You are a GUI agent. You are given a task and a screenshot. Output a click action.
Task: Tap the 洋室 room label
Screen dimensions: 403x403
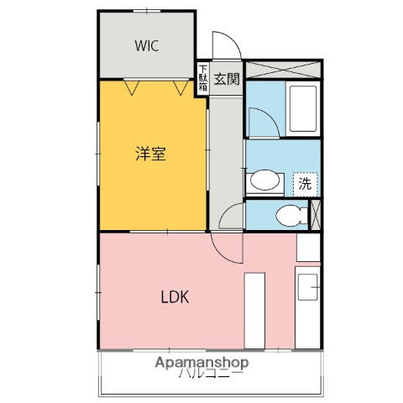(x=151, y=154)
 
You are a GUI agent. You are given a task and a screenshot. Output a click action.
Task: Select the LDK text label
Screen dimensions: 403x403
(x=175, y=296)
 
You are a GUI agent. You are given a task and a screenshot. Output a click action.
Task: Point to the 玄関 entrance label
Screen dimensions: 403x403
(x=226, y=80)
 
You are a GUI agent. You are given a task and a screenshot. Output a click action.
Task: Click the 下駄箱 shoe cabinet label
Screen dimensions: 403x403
(x=202, y=80)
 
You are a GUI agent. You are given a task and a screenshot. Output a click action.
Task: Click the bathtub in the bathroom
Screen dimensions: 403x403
(x=301, y=109)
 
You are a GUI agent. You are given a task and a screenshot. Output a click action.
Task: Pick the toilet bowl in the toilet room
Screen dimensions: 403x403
(x=289, y=215)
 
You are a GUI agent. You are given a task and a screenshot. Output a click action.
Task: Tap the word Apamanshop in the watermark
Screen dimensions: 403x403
(x=201, y=363)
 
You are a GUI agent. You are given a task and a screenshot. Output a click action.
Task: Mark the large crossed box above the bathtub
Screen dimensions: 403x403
(x=283, y=70)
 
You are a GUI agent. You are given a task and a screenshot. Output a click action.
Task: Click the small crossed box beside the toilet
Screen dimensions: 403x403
(x=316, y=214)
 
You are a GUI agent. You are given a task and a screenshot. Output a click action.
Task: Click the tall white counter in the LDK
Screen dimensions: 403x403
(x=254, y=309)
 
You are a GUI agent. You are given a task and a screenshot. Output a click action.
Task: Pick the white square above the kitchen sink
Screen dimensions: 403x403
(x=309, y=247)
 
